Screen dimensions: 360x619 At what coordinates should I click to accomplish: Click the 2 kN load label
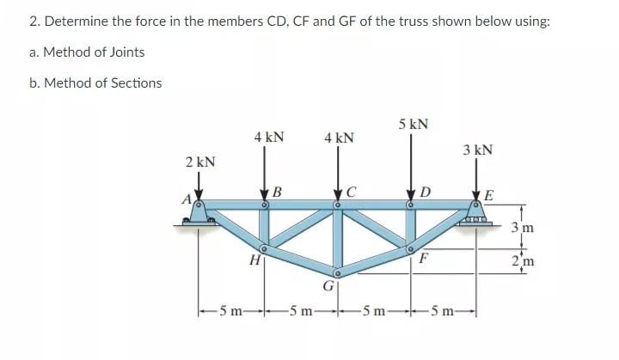[200, 162]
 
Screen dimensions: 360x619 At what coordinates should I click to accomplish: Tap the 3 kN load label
[477, 149]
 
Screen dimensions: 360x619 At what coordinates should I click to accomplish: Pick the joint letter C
[350, 191]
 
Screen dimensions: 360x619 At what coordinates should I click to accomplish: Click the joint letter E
[488, 194]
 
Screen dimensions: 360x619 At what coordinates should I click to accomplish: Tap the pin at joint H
[265, 249]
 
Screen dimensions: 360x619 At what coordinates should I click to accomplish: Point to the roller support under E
[477, 222]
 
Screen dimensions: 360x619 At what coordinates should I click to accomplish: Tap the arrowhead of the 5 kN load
[411, 198]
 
